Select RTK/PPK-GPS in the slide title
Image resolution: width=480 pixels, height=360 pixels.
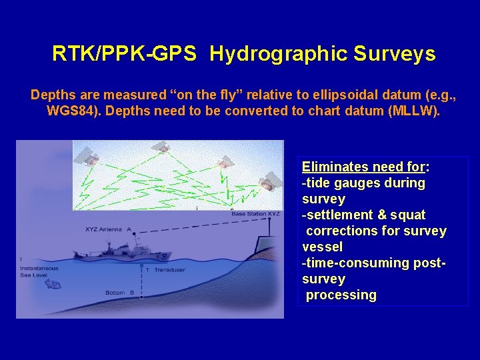click(x=124, y=54)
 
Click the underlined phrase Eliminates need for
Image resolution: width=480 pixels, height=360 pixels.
click(x=365, y=167)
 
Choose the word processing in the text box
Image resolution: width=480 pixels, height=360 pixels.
click(x=341, y=295)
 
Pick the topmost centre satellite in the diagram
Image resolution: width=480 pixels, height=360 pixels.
click(x=159, y=147)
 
